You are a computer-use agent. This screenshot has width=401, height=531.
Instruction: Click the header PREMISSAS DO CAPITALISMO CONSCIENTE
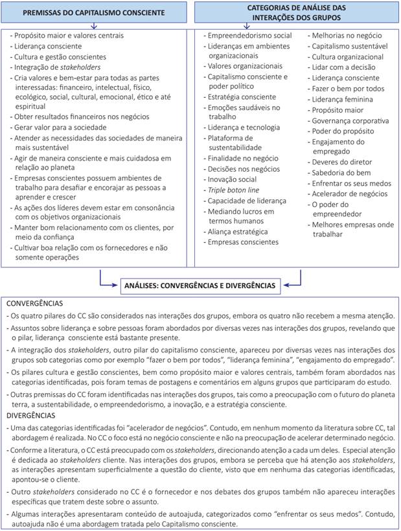click(95, 12)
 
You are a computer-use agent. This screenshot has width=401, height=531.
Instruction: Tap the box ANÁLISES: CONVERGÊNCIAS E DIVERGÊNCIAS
click(200, 285)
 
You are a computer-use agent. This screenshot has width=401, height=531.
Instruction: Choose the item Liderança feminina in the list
click(341, 100)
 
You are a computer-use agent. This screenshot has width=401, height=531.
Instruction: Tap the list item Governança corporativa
click(350, 120)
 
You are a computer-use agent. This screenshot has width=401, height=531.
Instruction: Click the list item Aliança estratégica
click(237, 231)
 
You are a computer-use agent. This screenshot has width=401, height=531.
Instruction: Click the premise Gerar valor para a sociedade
click(62, 128)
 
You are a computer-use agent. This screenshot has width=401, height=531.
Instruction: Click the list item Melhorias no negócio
click(347, 37)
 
